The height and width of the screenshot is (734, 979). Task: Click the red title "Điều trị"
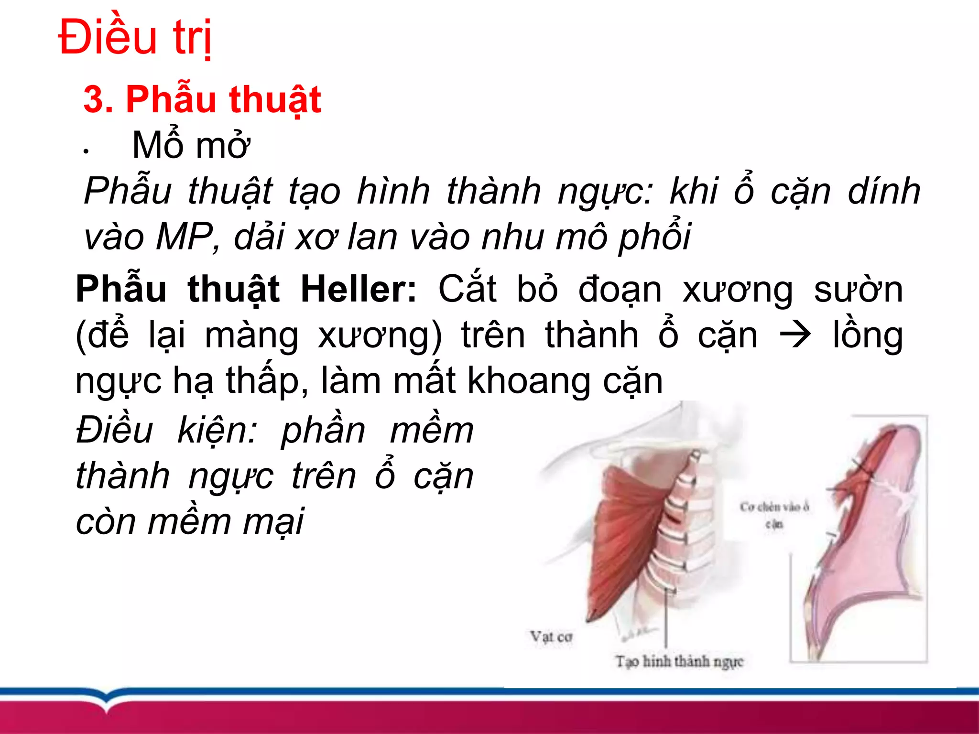(135, 37)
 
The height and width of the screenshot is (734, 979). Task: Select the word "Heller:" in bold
(359, 290)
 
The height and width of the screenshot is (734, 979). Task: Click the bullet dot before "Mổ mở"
(86, 152)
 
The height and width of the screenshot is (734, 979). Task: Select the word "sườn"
(858, 290)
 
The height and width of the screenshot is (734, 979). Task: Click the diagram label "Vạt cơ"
(551, 637)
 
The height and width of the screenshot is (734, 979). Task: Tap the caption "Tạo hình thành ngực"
(679, 662)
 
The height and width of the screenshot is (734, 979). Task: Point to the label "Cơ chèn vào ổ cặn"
(774, 514)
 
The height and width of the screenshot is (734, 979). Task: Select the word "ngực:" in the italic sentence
(605, 191)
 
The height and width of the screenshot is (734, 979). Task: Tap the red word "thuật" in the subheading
(274, 99)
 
